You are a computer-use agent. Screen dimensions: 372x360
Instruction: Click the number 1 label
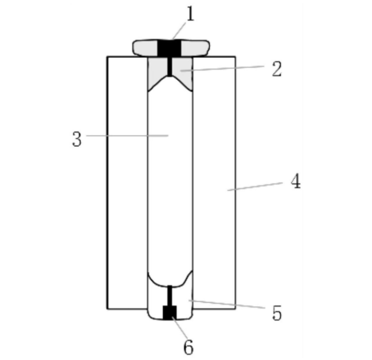point(190,14)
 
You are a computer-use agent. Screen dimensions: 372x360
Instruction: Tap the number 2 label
point(277,69)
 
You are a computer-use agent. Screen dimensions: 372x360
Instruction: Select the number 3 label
point(77,139)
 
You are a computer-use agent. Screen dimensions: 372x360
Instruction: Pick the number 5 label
point(277,313)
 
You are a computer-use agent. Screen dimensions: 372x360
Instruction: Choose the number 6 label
point(189,347)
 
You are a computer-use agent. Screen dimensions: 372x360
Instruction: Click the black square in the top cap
point(169,49)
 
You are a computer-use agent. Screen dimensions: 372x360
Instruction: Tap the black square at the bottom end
point(169,313)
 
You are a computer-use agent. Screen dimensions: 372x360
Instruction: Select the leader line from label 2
point(222,68)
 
